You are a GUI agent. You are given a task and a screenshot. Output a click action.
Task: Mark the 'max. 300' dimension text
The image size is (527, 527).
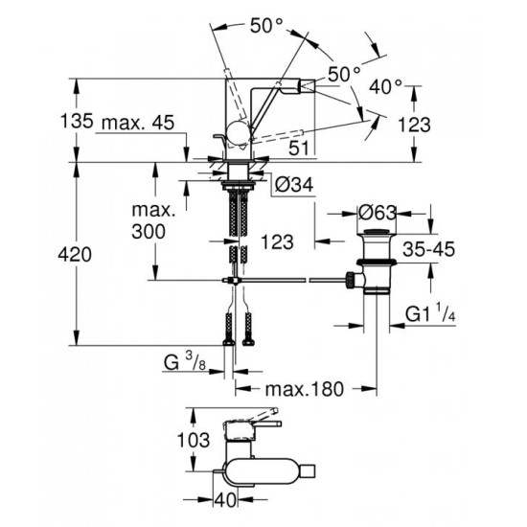click(x=154, y=220)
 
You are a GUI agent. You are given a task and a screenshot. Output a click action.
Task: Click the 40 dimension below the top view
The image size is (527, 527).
click(x=226, y=499)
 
